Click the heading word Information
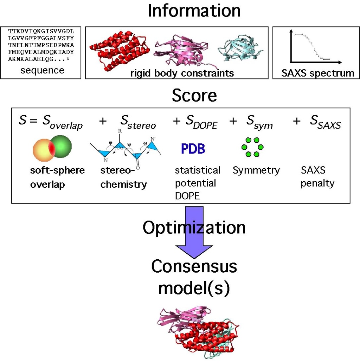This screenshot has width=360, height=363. click(x=194, y=11)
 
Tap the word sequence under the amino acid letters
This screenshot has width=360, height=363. click(x=42, y=70)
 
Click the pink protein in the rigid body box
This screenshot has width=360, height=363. click(x=183, y=53)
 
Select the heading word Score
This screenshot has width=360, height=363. click(x=194, y=96)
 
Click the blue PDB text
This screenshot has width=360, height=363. click(x=193, y=149)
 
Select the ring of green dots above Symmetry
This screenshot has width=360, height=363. click(x=252, y=147)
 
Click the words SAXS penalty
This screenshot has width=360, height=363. click(x=317, y=177)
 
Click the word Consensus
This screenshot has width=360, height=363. click(x=194, y=267)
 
